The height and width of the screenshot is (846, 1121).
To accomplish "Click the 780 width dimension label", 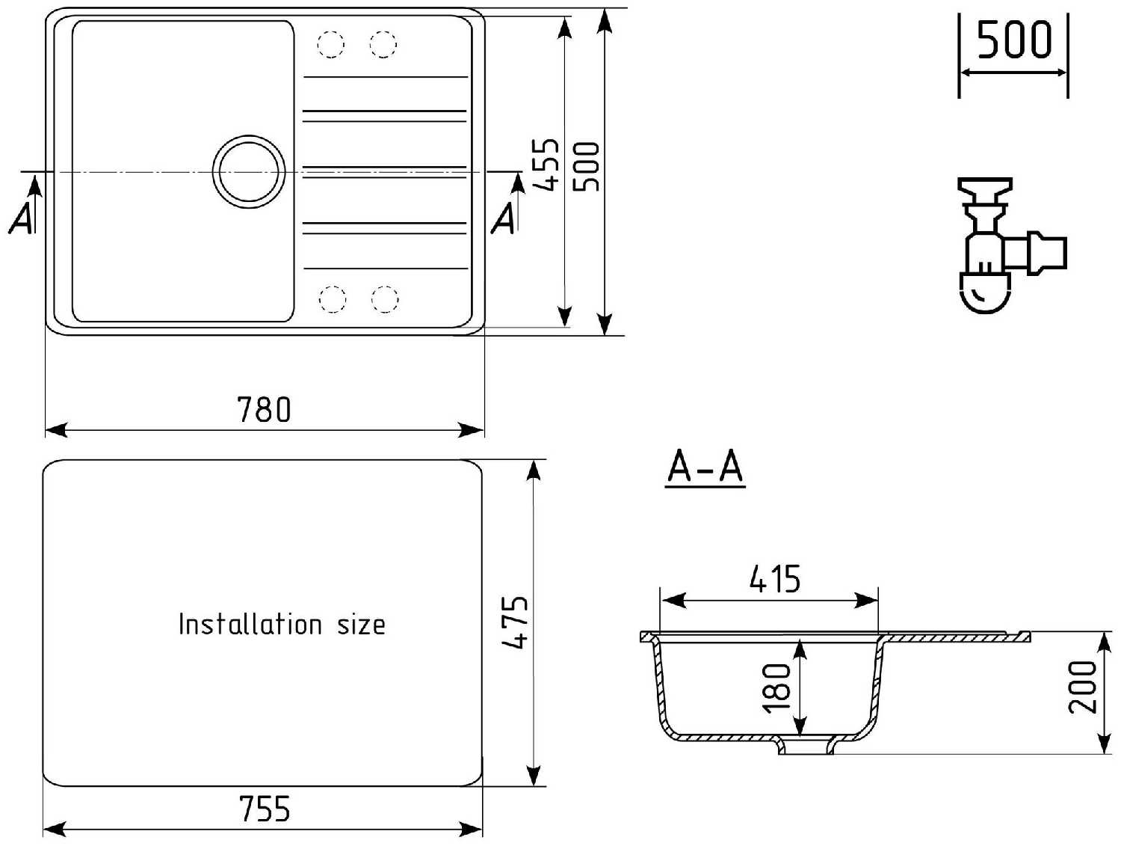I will coord(264,410).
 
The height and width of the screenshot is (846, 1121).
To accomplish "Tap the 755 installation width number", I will coord(265,809).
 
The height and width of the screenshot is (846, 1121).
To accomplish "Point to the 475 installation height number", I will coord(516,622).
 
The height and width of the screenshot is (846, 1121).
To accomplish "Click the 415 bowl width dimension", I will coord(775,580).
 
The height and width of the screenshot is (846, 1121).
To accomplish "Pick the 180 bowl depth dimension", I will coord(777,687).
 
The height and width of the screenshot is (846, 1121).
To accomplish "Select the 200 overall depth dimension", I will coord(1082,687).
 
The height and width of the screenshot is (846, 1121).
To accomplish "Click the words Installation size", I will coord(282,624).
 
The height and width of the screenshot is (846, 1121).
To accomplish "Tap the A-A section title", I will coord(705,468).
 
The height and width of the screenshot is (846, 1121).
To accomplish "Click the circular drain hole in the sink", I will coord(249,172).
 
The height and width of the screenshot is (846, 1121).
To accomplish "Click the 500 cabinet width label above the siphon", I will coord(1014,40).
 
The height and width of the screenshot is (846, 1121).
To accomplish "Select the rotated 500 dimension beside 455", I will coord(587,166).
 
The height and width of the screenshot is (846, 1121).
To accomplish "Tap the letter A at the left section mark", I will coord(21,218).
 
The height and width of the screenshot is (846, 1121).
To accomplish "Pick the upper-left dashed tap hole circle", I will coord(330,45).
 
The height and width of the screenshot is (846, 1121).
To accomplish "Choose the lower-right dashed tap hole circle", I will coord(384,299).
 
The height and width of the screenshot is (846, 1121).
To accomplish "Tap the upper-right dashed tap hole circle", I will coord(383,45).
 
